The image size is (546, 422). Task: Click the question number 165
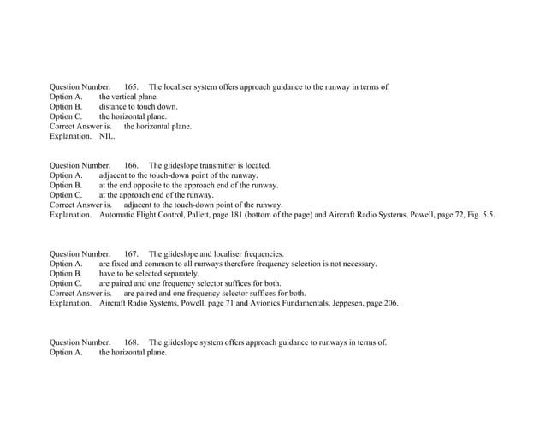click(x=132, y=86)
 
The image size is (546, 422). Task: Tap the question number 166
click(x=132, y=165)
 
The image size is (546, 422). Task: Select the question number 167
click(x=132, y=253)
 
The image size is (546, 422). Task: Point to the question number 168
click(x=132, y=342)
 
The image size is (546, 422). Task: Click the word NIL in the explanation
click(x=107, y=136)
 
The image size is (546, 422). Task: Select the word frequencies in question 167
click(x=260, y=253)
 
